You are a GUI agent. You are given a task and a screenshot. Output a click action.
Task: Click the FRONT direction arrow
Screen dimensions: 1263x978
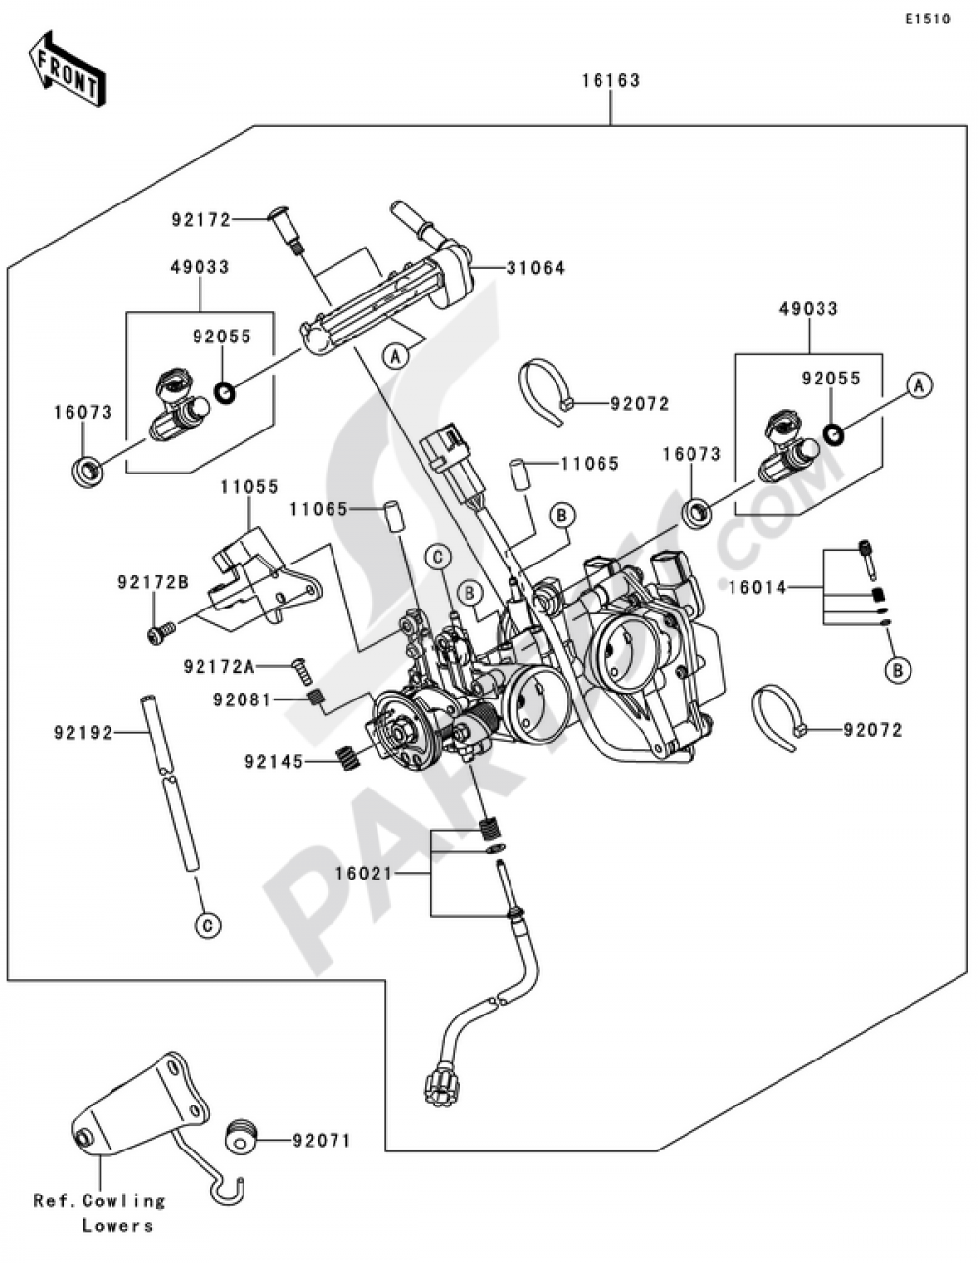click(x=66, y=68)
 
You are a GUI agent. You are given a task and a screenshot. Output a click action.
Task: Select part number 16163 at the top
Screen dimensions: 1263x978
click(x=610, y=80)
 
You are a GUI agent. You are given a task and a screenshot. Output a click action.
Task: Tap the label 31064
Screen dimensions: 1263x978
click(x=536, y=268)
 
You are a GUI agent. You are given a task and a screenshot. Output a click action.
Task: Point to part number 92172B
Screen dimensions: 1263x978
click(x=153, y=582)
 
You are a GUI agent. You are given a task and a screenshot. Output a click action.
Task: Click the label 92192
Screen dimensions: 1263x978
click(x=89, y=731)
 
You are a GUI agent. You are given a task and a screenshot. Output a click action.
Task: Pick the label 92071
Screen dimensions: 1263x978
click(x=321, y=1141)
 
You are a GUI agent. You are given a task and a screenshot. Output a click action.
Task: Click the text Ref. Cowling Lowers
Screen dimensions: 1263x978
click(x=100, y=1212)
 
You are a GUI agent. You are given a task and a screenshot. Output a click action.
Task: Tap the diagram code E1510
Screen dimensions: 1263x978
click(x=926, y=19)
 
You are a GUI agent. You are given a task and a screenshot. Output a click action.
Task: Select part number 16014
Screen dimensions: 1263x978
click(x=759, y=587)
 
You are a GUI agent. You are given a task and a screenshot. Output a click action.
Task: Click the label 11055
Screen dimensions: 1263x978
click(x=249, y=486)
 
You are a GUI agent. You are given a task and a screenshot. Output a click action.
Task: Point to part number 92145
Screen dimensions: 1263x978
click(x=275, y=761)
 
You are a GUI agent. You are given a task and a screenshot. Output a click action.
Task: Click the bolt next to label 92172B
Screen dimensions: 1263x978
click(x=160, y=633)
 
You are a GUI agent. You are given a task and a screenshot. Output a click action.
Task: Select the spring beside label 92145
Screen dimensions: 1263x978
click(x=346, y=756)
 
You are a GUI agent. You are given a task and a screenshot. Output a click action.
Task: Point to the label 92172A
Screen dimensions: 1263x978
click(x=219, y=667)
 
